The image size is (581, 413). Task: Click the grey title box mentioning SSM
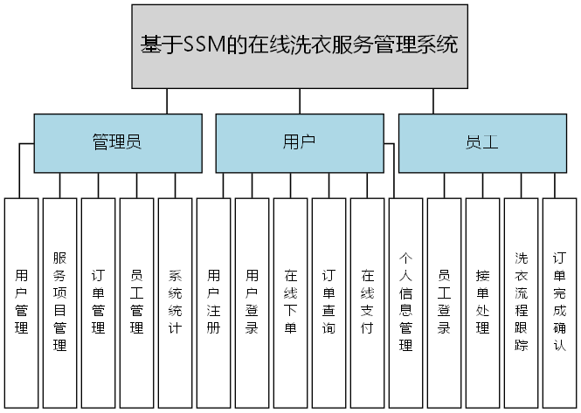(x=300, y=46)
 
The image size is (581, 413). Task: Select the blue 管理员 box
(x=116, y=142)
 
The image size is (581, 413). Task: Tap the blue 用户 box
(x=299, y=142)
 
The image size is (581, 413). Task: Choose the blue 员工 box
(x=482, y=142)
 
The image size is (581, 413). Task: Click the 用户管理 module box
(x=21, y=302)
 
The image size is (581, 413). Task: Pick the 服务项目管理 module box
(x=59, y=302)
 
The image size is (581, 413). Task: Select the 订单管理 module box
(x=98, y=302)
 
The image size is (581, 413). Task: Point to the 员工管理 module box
(x=136, y=302)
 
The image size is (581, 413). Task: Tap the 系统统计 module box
(x=175, y=302)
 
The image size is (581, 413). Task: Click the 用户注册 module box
(x=213, y=302)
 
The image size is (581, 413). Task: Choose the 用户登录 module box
(x=252, y=302)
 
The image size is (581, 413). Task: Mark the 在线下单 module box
(x=290, y=302)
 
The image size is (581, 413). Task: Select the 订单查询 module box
(x=329, y=302)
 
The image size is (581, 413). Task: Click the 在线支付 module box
(x=367, y=302)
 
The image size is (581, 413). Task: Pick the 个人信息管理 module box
(x=405, y=302)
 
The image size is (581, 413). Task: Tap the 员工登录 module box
(x=444, y=302)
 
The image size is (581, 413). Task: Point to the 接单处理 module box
(x=482, y=302)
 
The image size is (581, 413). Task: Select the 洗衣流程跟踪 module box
(x=521, y=302)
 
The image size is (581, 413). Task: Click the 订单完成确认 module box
(x=559, y=302)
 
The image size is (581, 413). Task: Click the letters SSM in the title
(x=204, y=45)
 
